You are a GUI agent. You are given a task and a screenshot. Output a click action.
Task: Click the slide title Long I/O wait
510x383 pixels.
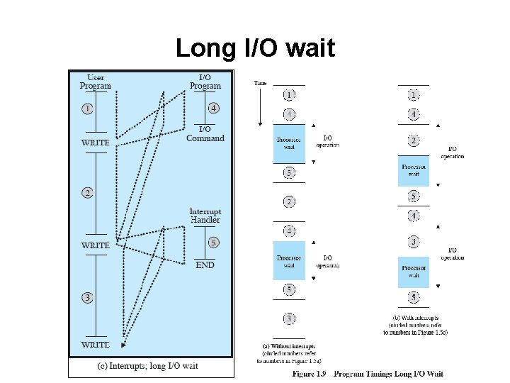point(254,48)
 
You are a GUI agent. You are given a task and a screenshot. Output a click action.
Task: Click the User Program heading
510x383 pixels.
point(95,82)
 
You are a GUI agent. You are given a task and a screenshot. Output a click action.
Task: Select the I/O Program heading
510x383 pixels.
point(205,82)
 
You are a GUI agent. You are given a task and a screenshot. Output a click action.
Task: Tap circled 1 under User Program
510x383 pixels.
point(86,109)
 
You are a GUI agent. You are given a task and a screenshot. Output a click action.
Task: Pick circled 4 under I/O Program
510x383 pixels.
point(214,109)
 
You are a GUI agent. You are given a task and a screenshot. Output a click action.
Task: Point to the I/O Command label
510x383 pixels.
point(205,133)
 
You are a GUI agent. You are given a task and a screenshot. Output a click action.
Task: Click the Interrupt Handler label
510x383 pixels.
point(205,216)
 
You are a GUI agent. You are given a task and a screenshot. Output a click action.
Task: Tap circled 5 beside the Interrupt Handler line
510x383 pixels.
point(214,243)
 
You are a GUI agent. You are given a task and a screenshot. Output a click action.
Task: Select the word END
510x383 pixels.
point(205,265)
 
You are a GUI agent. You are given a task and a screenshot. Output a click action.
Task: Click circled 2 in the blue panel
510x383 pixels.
point(86,192)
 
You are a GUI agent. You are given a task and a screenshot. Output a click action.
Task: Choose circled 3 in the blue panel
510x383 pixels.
point(86,298)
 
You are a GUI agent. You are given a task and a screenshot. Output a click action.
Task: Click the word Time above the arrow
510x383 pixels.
point(261,83)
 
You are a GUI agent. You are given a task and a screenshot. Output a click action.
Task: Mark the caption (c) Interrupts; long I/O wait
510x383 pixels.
point(149,366)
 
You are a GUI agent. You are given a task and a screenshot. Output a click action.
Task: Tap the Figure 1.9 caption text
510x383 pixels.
point(368,374)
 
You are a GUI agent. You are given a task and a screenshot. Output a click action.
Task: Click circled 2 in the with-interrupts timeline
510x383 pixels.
point(414,140)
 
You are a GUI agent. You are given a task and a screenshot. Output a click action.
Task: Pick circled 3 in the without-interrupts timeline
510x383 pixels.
point(290,319)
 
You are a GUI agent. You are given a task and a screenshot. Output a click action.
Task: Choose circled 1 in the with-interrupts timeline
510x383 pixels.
point(414,94)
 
